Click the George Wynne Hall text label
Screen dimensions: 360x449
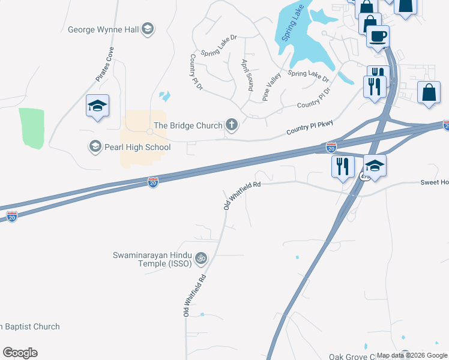click(x=104, y=29)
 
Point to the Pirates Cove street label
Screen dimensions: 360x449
click(x=104, y=65)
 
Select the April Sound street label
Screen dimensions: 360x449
click(x=246, y=74)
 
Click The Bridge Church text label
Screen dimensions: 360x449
click(x=188, y=125)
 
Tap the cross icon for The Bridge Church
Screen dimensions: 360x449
click(x=231, y=125)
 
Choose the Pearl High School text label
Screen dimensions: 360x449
click(x=136, y=147)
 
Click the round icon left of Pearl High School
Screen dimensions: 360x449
click(x=94, y=146)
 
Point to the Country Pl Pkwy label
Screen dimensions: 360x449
click(x=310, y=127)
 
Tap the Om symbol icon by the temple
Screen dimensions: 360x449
click(x=201, y=259)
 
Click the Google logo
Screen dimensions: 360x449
click(x=20, y=353)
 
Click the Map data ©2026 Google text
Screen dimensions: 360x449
click(x=412, y=355)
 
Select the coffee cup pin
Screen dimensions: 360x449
click(x=378, y=37)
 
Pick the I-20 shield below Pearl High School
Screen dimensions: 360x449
click(x=153, y=181)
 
